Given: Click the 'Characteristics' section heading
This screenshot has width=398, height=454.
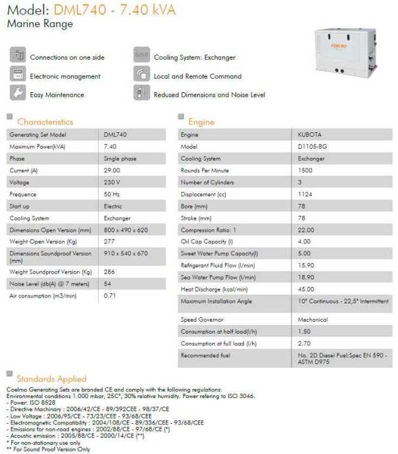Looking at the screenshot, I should (x=45, y=122).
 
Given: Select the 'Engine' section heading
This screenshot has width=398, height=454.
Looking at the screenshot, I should (x=201, y=122).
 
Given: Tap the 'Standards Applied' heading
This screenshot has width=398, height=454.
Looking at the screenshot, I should (x=51, y=379).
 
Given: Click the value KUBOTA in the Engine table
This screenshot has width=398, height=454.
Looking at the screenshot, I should (x=309, y=134).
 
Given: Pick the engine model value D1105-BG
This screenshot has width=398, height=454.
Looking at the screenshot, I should (x=311, y=147).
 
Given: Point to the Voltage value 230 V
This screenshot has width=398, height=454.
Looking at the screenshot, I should (x=112, y=182).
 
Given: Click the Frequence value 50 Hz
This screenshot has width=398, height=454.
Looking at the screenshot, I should (x=111, y=194).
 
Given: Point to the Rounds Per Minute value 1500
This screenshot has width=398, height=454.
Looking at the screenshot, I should (x=305, y=170).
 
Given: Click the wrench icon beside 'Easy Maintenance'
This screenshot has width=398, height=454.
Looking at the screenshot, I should (x=17, y=93).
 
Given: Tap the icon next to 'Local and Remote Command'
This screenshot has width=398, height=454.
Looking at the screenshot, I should (x=141, y=74).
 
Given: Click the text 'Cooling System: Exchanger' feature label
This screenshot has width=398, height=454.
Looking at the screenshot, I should (x=194, y=57).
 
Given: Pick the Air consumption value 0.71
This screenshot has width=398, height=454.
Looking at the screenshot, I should (x=110, y=296).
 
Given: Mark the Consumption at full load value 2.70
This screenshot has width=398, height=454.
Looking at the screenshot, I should (x=305, y=343).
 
